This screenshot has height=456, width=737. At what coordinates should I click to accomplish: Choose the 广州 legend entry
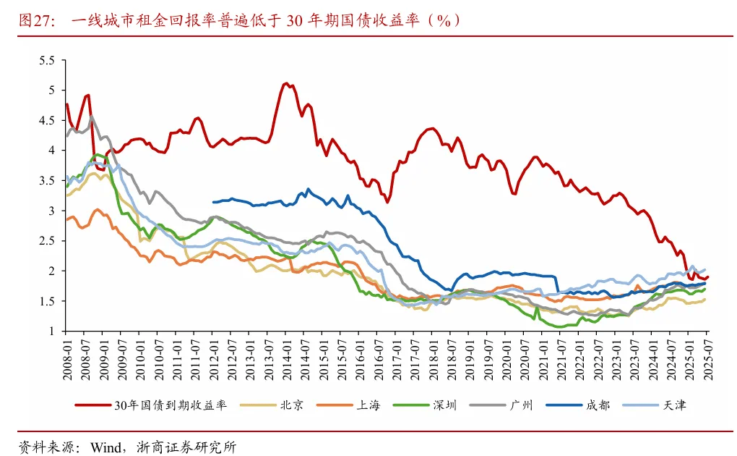coord(520,405)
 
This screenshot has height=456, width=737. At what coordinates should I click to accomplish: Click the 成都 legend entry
coord(598,405)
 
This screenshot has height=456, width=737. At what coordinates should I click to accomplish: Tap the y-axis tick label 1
coord(51,331)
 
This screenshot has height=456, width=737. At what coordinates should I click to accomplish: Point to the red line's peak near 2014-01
coord(286,83)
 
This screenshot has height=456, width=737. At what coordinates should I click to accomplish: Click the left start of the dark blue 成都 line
coord(213,202)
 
